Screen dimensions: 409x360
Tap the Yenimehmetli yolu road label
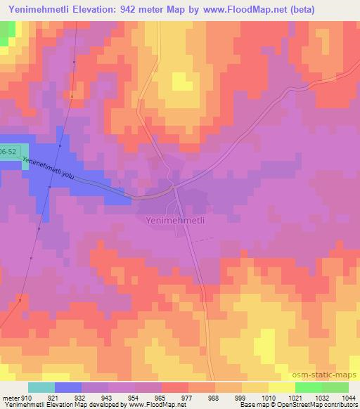pyautogui.click(x=49, y=171)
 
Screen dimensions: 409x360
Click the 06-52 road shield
pyautogui.click(x=8, y=152)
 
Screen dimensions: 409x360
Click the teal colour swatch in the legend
pyautogui.click(x=41, y=387)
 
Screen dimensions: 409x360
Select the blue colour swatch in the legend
pyautogui.click(x=68, y=387)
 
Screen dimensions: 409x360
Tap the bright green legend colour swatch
pyautogui.click(x=309, y=387)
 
